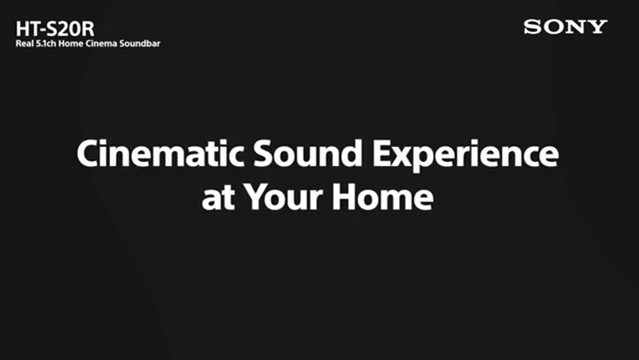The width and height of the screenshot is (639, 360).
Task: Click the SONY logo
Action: pyautogui.click(x=565, y=27)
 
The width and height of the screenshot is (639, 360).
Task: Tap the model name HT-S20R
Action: pyautogui.click(x=55, y=29)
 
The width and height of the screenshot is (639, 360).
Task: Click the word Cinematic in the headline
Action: pyautogui.click(x=160, y=154)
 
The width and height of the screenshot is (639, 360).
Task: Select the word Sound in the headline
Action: pyautogui.click(x=308, y=154)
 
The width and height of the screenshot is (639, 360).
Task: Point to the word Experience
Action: pyautogui.click(x=466, y=156)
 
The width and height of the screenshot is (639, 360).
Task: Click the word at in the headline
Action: pyautogui.click(x=218, y=198)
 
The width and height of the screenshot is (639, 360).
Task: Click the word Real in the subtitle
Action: pyautogui.click(x=24, y=44)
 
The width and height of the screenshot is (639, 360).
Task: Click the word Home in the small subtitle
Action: pyautogui.click(x=71, y=44)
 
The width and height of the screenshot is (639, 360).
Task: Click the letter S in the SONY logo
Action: pyautogui.click(x=532, y=27)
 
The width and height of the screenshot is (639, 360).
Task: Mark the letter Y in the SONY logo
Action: pyautogui.click(x=597, y=27)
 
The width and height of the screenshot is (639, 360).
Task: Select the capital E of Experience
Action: pyautogui.click(x=382, y=154)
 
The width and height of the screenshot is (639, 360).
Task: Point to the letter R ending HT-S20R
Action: pyautogui.click(x=89, y=30)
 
